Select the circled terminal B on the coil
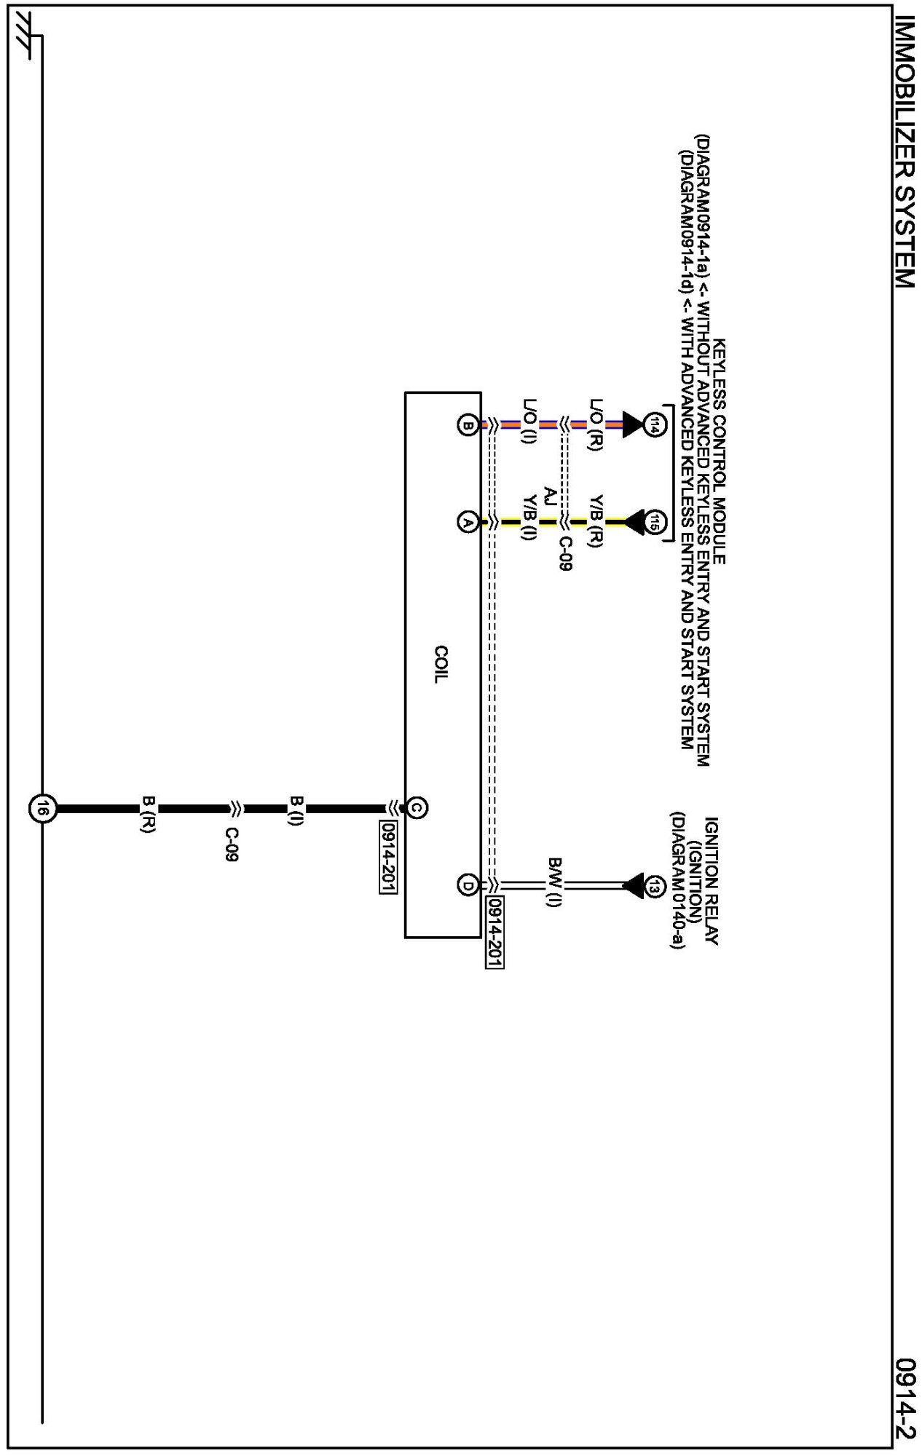[467, 425]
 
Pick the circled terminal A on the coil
[467, 521]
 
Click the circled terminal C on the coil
[417, 807]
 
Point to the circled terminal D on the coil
[467, 885]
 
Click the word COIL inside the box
[441, 663]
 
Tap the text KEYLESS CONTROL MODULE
[720, 451]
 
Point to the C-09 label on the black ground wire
[232, 844]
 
